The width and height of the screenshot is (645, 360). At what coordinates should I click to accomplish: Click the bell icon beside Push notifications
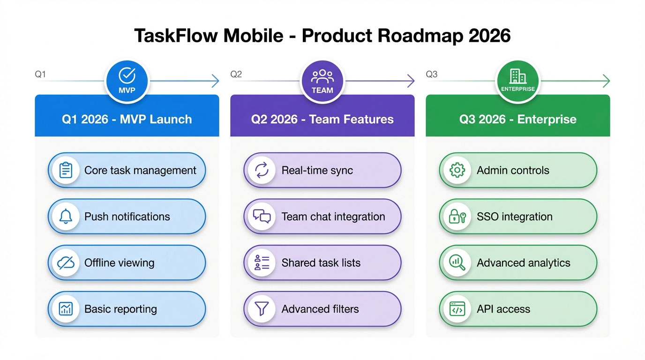(x=66, y=217)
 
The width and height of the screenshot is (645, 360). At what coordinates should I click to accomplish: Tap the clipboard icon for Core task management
(x=66, y=170)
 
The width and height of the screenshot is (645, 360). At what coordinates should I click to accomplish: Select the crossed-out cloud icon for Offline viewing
(x=66, y=263)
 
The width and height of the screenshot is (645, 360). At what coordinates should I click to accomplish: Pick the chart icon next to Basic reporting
(x=66, y=309)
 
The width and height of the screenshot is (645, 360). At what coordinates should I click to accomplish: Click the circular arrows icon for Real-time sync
(x=262, y=170)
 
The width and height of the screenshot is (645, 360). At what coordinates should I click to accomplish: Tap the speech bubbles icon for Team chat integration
(x=262, y=217)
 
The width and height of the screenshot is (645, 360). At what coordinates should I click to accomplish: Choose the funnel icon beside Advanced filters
(x=262, y=309)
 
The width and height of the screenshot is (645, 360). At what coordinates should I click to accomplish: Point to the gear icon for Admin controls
(x=457, y=170)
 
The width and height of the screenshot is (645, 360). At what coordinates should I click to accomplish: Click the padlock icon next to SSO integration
(x=457, y=217)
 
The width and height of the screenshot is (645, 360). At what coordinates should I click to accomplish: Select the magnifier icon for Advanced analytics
(x=457, y=263)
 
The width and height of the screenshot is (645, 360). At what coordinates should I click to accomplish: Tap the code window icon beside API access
(x=457, y=309)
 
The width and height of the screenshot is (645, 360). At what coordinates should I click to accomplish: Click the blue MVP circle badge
(x=127, y=81)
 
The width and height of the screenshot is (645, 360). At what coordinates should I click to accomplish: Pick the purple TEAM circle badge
(x=322, y=81)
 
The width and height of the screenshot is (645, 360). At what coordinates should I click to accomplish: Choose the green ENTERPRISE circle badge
(x=518, y=81)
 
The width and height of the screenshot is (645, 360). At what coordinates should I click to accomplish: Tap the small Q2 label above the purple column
(x=236, y=74)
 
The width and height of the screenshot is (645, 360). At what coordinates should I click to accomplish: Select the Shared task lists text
(x=321, y=263)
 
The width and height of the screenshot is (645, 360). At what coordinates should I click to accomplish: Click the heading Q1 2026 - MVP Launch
(x=127, y=119)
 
